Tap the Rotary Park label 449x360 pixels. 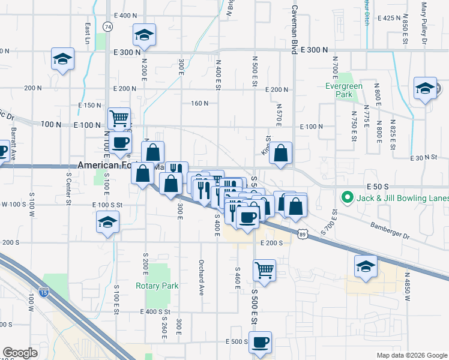[x=157, y=286]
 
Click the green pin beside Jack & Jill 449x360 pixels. [x=346, y=197]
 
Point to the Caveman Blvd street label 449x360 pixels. [x=294, y=30]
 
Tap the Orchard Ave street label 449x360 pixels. [x=202, y=277]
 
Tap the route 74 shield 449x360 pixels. [x=107, y=27]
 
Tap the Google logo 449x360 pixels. [x=20, y=353]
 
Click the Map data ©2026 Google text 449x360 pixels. [x=411, y=355]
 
